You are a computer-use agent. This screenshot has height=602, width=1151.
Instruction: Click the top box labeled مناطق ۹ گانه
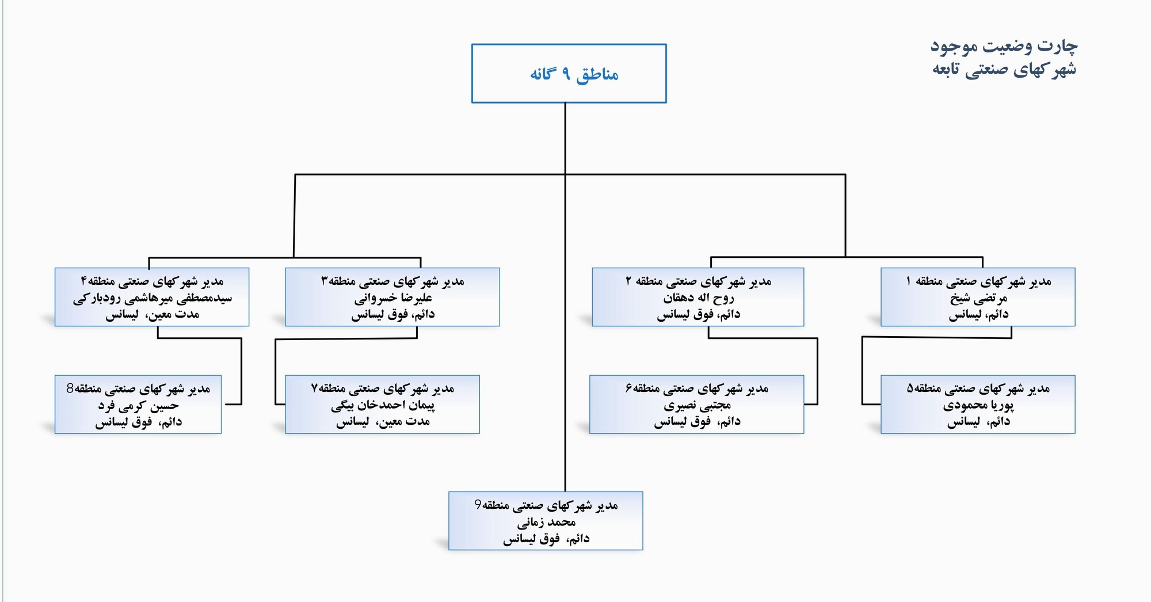tap(569, 74)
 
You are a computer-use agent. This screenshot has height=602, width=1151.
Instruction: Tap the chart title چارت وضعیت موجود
tap(1004, 46)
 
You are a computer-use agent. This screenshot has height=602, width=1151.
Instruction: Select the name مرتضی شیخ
tap(978, 298)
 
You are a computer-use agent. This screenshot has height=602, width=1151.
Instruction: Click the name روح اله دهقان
tap(698, 298)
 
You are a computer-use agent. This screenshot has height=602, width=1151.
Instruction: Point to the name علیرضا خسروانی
tap(393, 298)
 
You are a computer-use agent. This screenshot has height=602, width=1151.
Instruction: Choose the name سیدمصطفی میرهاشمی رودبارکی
tap(153, 298)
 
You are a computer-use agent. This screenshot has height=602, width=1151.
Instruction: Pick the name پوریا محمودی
tap(978, 405)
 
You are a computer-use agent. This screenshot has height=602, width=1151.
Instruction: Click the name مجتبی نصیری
tap(697, 405)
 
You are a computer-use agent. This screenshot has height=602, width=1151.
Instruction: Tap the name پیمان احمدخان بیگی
tap(383, 405)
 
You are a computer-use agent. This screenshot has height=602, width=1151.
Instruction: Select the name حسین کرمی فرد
tap(138, 405)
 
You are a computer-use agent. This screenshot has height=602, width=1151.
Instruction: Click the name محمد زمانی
tap(546, 523)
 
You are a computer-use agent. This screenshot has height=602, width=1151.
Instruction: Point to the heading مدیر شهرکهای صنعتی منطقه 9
tap(546, 505)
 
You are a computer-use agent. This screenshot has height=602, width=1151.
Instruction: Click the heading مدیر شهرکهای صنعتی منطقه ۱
tap(978, 281)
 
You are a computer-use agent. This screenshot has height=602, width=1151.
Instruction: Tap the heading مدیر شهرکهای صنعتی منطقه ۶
tap(697, 389)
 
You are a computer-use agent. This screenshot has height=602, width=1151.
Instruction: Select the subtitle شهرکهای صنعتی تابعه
tap(1004, 69)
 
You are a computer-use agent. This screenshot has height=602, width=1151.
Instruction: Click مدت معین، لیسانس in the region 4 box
tap(153, 314)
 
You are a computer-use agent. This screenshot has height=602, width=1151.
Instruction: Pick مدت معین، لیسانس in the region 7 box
tap(383, 422)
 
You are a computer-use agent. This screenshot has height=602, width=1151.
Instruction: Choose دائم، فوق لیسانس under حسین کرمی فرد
tap(138, 422)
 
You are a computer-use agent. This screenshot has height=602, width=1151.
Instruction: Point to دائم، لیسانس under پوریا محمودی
tap(978, 422)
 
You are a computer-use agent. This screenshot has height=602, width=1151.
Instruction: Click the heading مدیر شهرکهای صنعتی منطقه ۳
tap(393, 281)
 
